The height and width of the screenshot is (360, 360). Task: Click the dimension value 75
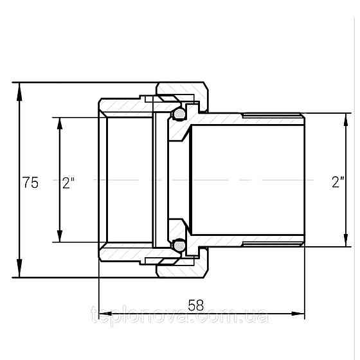[30, 183]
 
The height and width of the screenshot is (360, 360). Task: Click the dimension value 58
[196, 305]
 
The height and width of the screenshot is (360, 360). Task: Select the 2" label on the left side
[69, 183]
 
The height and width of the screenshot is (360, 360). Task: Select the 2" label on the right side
[338, 182]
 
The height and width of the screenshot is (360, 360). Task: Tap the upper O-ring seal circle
[179, 114]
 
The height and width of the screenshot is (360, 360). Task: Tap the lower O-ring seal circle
[179, 246]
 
